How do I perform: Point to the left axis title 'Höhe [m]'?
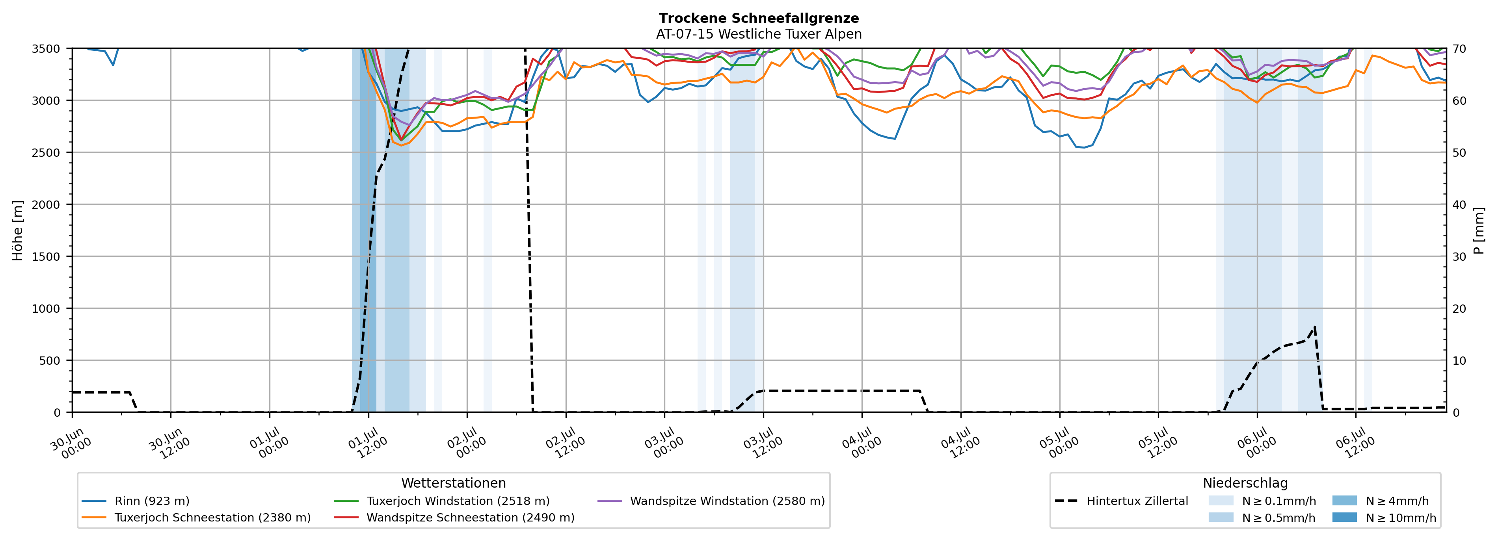[18, 230]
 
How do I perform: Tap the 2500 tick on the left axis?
[46, 153]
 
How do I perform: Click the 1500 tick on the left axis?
[46, 256]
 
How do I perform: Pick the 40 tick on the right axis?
[1459, 204]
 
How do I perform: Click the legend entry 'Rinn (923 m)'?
[136, 501]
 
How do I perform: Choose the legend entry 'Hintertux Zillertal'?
[1121, 501]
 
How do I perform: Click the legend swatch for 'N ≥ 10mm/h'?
[1344, 517]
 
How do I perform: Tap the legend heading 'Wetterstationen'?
[454, 483]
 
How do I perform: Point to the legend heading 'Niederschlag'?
[1245, 483]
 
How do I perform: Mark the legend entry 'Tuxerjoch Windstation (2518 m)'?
[442, 501]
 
